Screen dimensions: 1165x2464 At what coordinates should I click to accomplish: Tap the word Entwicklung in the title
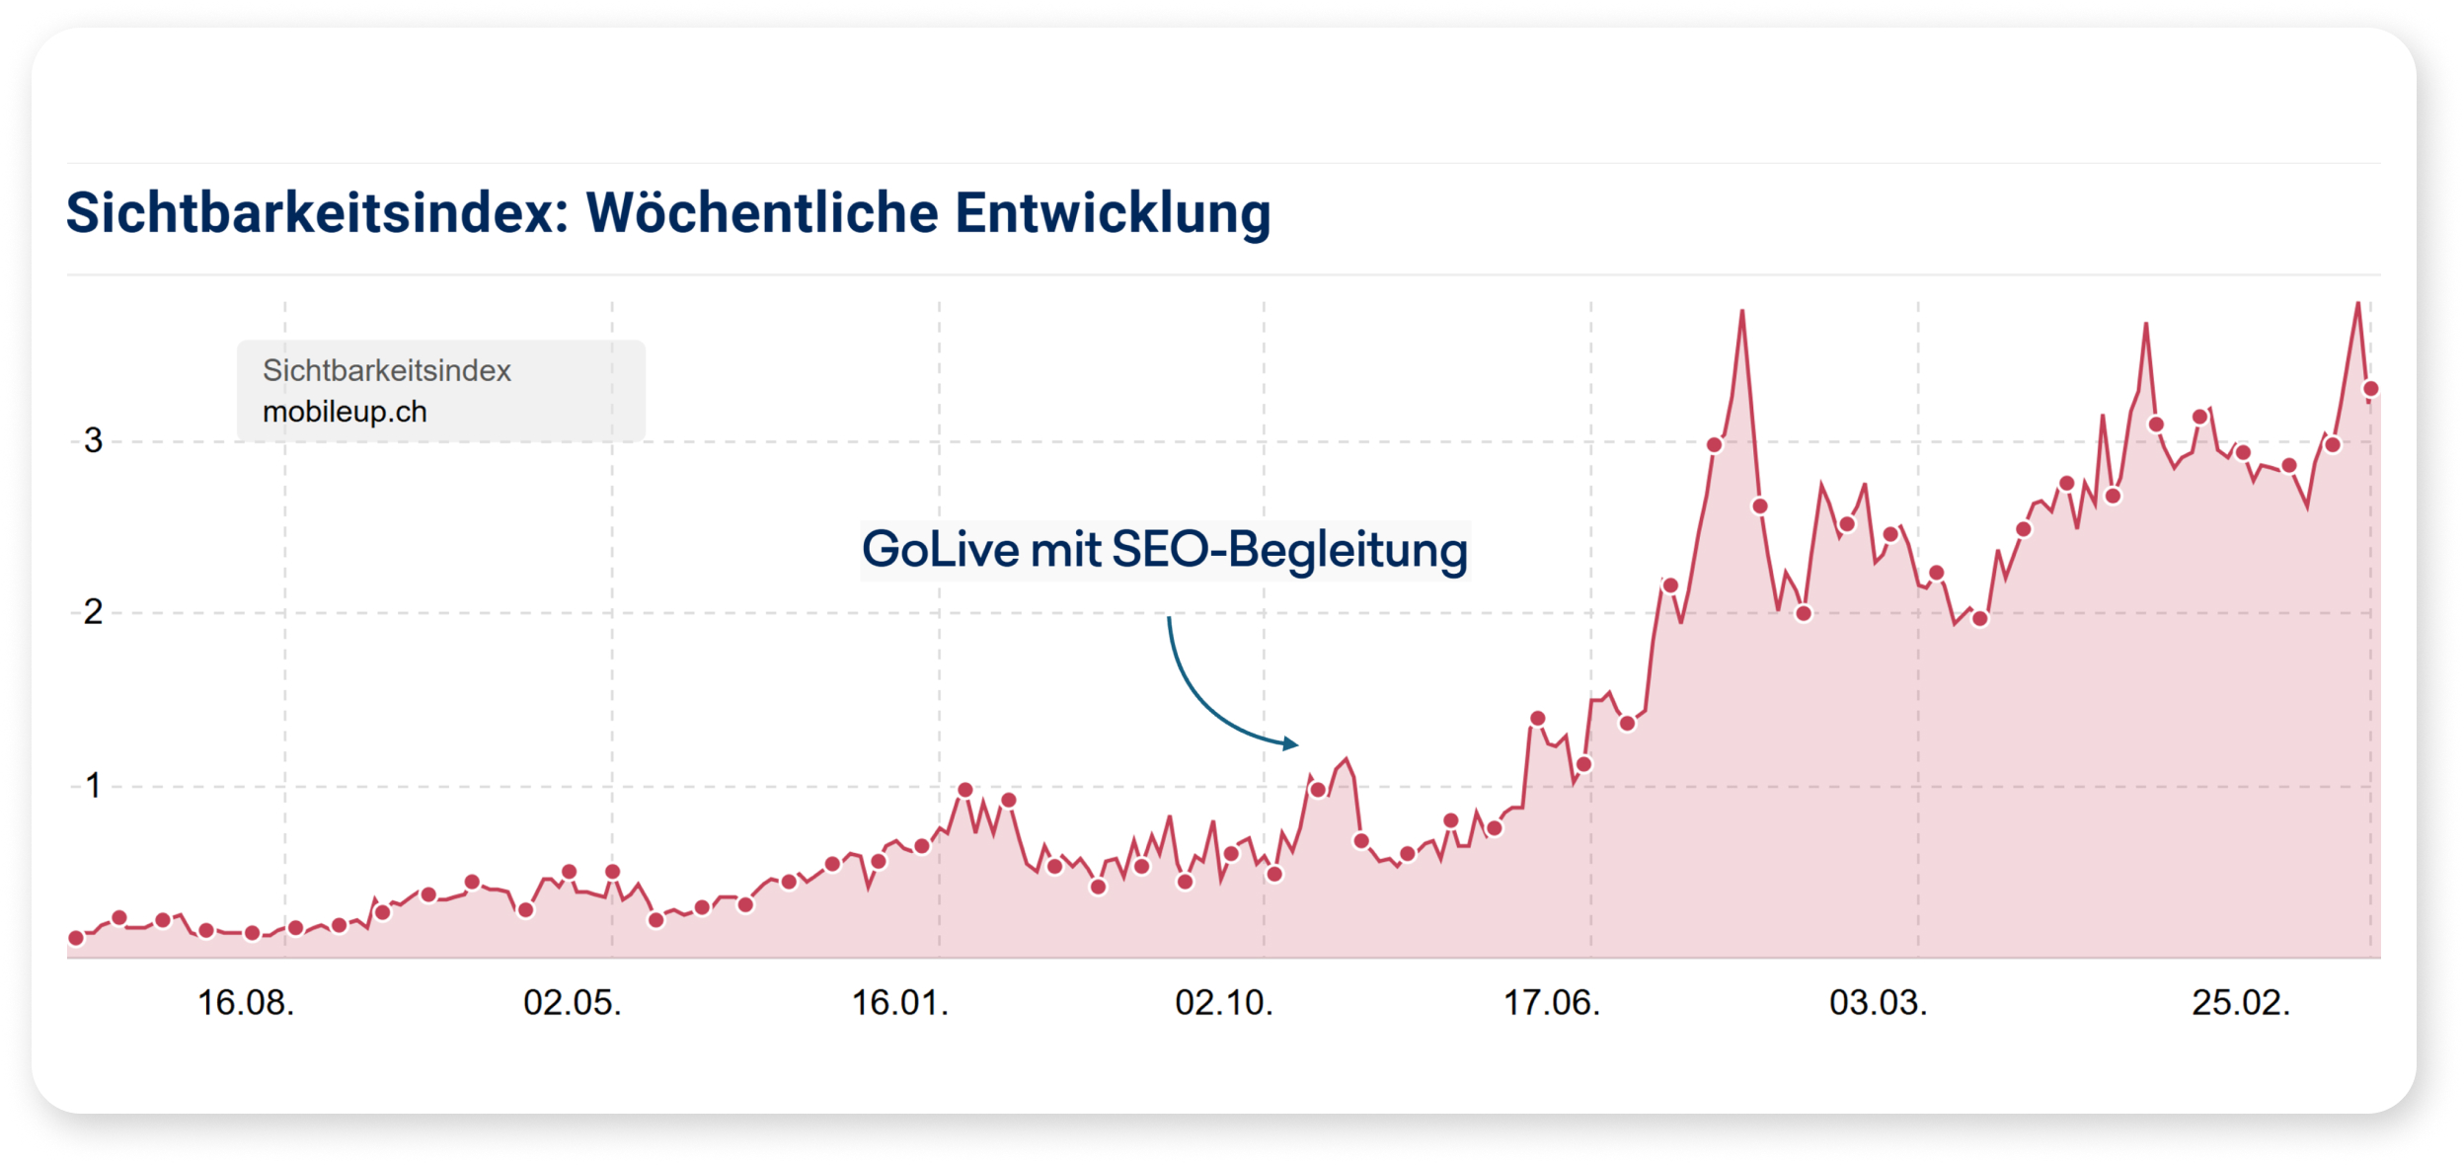point(1113,213)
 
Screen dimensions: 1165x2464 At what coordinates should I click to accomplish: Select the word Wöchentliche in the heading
point(762,213)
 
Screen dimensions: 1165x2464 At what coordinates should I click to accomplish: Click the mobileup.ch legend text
point(345,412)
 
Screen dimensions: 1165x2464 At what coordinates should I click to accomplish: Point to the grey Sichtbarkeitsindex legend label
point(386,370)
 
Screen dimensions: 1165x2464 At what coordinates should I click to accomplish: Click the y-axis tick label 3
point(93,440)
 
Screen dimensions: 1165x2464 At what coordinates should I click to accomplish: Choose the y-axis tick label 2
point(93,612)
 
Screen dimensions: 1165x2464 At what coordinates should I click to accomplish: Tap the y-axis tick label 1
point(93,786)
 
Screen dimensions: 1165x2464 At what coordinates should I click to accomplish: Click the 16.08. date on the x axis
point(246,1003)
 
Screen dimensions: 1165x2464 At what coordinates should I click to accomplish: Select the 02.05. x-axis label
point(573,1003)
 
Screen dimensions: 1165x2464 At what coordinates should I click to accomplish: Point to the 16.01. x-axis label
point(899,1003)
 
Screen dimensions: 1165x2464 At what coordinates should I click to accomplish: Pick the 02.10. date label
point(1224,1003)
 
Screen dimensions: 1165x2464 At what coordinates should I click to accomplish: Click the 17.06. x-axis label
point(1551,1003)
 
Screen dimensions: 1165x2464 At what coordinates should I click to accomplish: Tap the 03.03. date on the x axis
point(1878,1003)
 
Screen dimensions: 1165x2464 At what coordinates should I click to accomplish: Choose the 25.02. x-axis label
point(2241,1003)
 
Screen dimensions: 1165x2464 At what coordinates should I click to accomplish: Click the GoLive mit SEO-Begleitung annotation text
point(1165,550)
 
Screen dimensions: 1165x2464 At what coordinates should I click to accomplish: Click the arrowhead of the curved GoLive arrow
point(1291,743)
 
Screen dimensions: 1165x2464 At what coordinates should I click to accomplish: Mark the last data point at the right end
point(2370,389)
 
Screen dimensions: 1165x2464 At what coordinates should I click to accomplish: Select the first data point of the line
point(76,938)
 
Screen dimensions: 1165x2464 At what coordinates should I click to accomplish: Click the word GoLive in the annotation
point(940,550)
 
